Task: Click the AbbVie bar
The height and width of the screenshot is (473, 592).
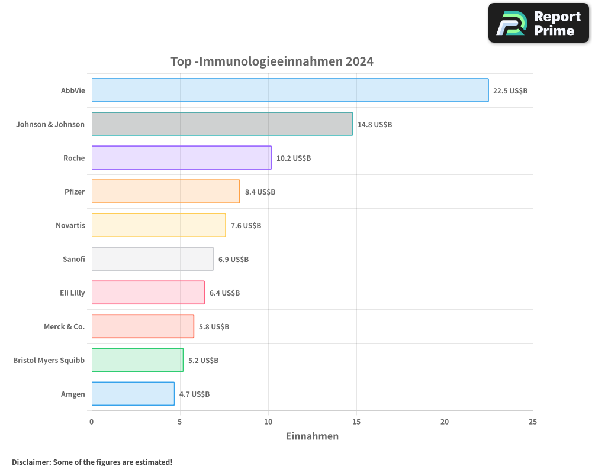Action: tap(290, 90)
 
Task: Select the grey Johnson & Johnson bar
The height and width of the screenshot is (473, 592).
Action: tap(222, 124)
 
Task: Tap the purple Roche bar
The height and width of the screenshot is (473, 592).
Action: tap(182, 158)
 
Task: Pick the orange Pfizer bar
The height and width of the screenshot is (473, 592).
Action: tap(166, 192)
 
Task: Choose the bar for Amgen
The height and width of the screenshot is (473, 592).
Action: tap(133, 394)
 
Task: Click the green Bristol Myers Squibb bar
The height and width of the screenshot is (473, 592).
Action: tap(137, 360)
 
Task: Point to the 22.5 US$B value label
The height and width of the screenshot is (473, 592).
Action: tap(510, 91)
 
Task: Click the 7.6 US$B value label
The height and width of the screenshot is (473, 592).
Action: tap(246, 226)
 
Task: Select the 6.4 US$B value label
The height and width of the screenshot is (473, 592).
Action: tap(224, 293)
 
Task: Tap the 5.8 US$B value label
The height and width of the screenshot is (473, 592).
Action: tap(214, 327)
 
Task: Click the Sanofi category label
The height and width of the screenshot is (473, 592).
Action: tap(74, 259)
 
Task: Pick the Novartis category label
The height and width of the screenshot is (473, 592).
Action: tap(70, 225)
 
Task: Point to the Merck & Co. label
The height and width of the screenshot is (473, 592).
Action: tap(65, 326)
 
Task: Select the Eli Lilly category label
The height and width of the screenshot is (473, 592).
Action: tap(72, 293)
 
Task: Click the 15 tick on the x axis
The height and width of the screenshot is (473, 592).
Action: tap(356, 422)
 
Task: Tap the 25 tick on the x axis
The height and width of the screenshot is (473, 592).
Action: tap(533, 422)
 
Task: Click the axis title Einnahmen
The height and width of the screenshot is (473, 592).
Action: tap(312, 436)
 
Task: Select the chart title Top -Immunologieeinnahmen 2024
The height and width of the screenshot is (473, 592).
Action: tap(272, 61)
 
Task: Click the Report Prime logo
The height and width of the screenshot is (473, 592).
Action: tap(538, 23)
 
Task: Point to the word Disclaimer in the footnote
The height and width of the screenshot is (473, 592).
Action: tap(31, 462)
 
